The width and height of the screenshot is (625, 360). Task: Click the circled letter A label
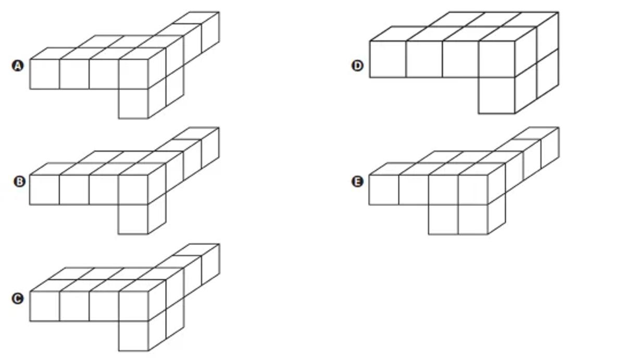[x=18, y=66]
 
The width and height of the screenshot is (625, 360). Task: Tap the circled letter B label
[x=19, y=182]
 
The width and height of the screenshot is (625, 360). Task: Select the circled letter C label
[x=18, y=299]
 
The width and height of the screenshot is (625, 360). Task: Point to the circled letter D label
[x=357, y=66]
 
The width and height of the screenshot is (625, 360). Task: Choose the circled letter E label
[x=357, y=182]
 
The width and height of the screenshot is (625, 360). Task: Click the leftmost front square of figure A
[x=45, y=74]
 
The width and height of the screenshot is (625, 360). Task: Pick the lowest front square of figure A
[x=133, y=104]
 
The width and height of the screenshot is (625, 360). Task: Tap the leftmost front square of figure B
[x=45, y=190]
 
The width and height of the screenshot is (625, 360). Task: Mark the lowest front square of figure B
[x=133, y=219]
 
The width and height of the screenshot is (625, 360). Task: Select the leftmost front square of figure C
[x=45, y=306]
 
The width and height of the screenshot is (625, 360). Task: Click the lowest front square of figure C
[x=133, y=336]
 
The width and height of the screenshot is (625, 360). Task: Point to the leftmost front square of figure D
[x=388, y=59]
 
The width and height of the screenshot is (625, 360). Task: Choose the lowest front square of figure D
[x=497, y=95]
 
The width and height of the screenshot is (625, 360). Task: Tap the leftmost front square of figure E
[x=384, y=190]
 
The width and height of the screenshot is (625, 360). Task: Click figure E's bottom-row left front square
[x=443, y=219]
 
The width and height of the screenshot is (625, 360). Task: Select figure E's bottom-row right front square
[x=473, y=219]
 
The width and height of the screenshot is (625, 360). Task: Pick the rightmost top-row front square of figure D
[x=497, y=59]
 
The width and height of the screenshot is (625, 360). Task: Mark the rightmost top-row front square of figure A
[x=133, y=74]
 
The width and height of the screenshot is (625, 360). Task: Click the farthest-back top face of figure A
[x=195, y=18]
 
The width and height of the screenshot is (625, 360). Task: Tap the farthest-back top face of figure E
[x=535, y=133]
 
